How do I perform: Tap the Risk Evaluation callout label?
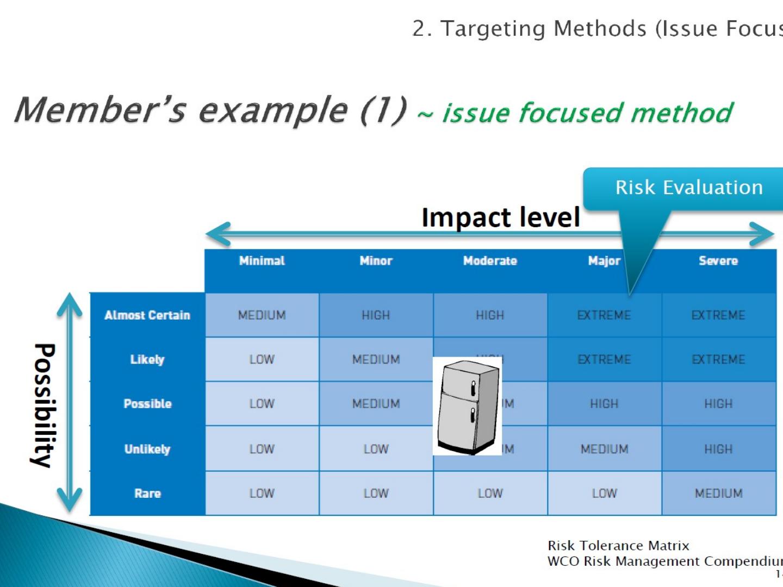pyautogui.click(x=689, y=188)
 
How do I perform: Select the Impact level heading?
pyautogui.click(x=500, y=217)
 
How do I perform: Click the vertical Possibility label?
pyautogui.click(x=43, y=405)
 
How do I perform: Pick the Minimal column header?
pyautogui.click(x=262, y=261)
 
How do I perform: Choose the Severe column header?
pyautogui.click(x=718, y=261)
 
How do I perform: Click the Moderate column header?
pyautogui.click(x=490, y=261)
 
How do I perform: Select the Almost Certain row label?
pyautogui.click(x=147, y=315)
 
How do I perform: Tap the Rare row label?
pyautogui.click(x=147, y=494)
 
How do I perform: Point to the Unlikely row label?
pyautogui.click(x=147, y=449)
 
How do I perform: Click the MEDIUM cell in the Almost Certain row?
pyautogui.click(x=262, y=315)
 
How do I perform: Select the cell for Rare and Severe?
pyautogui.click(x=718, y=494)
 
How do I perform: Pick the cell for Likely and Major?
pyautogui.click(x=604, y=359)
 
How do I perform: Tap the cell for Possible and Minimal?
pyautogui.click(x=262, y=404)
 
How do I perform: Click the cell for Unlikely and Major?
pyautogui.click(x=604, y=449)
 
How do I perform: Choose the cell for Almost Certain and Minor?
pyautogui.click(x=376, y=315)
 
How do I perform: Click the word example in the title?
pyautogui.click(x=273, y=110)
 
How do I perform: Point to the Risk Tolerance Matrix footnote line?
pyautogui.click(x=618, y=545)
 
